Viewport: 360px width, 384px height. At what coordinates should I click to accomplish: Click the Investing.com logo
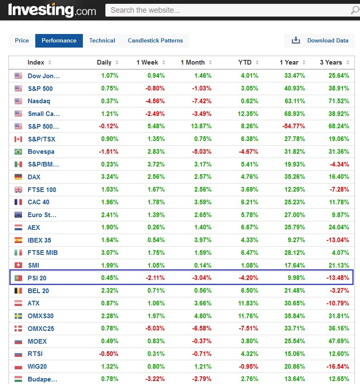52,10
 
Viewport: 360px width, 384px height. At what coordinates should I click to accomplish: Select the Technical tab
102,41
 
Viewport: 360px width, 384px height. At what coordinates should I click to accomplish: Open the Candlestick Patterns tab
155,41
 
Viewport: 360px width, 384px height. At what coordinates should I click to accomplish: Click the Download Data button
320,41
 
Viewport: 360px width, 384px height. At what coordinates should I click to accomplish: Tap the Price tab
22,41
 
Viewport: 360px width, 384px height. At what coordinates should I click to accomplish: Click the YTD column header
245,62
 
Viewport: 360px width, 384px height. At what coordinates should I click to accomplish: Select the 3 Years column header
331,62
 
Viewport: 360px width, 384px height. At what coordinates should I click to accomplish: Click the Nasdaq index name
39,101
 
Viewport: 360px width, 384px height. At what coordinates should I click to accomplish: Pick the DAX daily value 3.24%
110,177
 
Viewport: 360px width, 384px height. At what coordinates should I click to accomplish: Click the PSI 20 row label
37,278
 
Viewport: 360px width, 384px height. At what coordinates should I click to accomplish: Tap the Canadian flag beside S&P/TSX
18,139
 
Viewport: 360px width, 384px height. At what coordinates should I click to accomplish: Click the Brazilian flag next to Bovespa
18,152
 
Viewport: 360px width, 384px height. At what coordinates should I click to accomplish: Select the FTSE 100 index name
42,189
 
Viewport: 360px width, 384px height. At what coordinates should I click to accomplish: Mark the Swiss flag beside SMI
18,265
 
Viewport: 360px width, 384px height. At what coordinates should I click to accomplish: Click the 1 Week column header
147,62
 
